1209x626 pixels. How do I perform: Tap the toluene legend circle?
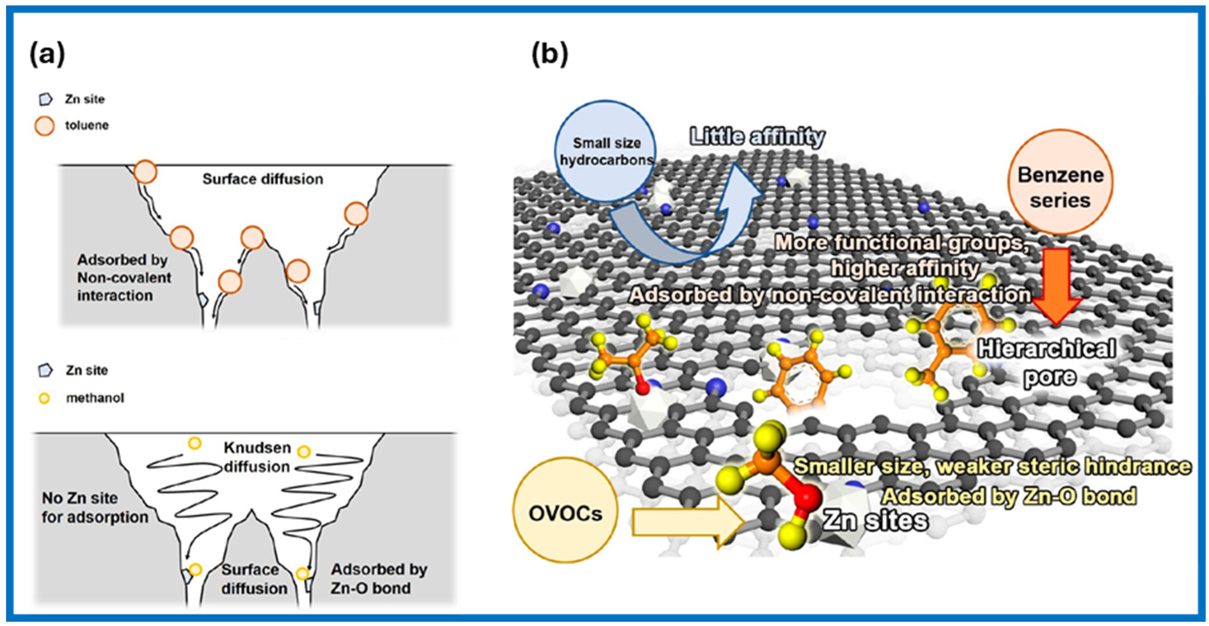pos(45,126)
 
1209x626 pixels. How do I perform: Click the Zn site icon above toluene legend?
pos(45,99)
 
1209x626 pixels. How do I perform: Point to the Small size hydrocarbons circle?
pos(605,151)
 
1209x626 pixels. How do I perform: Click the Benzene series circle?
pos(1060,182)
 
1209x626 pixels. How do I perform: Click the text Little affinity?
pos(757,137)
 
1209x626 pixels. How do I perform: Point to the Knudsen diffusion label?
pos(257,457)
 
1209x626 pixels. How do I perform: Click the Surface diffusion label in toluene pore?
pos(262,179)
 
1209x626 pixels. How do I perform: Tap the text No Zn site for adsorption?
pos(94,507)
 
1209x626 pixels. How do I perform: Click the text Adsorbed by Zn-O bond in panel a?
pos(378,578)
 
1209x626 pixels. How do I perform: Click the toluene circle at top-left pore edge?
pos(145,172)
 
